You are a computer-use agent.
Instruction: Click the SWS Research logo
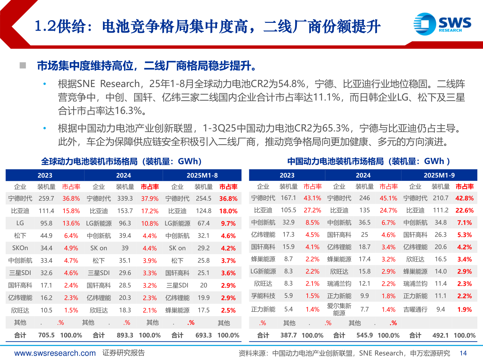point(442,24)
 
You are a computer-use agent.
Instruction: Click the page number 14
point(463,353)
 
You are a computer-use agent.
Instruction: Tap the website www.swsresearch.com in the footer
point(55,353)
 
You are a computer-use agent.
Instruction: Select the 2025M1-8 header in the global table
point(202,175)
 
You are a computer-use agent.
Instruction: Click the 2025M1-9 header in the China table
point(439,175)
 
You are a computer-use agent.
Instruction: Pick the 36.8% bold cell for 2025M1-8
point(228,199)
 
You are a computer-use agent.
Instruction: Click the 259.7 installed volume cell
point(46,199)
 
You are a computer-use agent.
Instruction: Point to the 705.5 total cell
point(46,335)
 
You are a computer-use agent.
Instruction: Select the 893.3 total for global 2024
point(125,335)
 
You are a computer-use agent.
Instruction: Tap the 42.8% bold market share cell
point(465,198)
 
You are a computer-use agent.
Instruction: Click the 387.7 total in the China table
point(288,335)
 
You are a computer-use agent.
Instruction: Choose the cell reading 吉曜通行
point(415,310)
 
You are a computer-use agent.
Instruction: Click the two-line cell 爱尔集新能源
point(339,310)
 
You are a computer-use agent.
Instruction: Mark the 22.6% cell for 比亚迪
point(465,210)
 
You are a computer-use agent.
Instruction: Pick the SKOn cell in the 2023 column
point(20,248)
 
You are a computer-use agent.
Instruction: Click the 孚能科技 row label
point(263,296)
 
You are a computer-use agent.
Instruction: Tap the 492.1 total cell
point(440,335)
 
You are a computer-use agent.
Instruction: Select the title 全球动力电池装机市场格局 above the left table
point(89,161)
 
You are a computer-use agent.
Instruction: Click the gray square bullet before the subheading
point(23,65)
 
